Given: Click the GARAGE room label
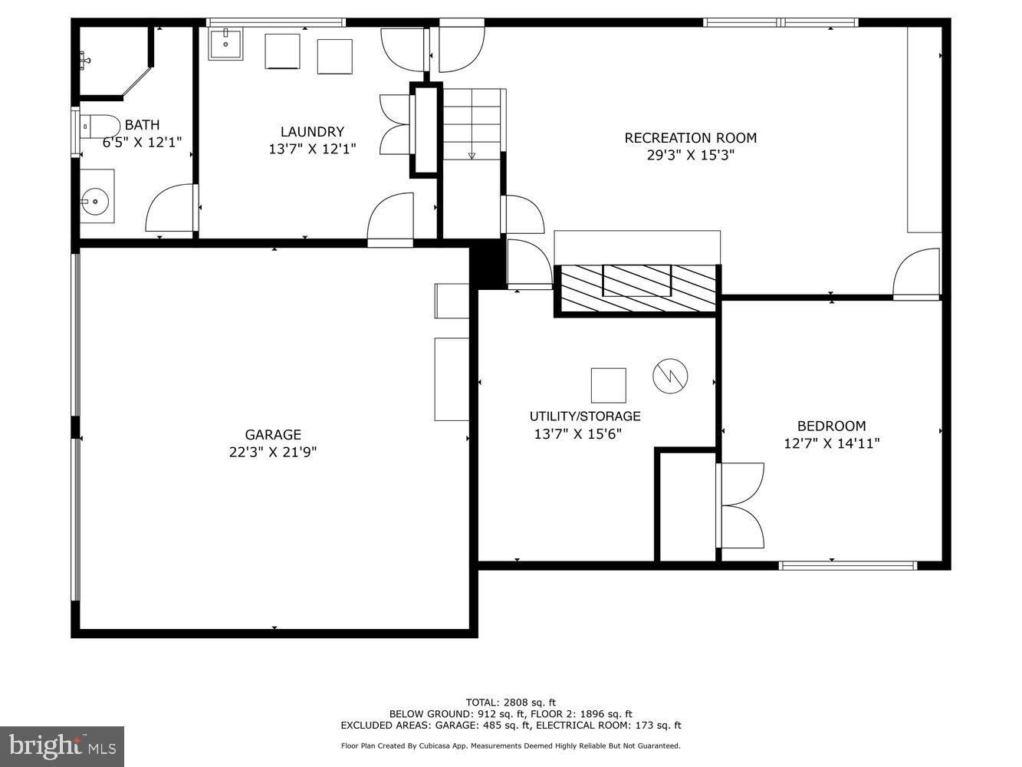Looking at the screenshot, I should pos(273,435).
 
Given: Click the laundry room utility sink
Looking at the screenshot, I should pos(225,44).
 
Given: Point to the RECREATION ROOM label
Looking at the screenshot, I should pos(690,138).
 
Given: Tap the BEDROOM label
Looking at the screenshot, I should pos(831,426).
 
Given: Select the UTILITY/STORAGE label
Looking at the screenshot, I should pos(585,416).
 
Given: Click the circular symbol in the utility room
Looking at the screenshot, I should pos(670,376).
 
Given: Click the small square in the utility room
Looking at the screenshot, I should pos(608,385).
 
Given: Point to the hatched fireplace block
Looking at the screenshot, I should pos(636,289).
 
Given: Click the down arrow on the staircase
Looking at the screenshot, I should pos(472,155).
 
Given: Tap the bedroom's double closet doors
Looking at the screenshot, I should pos(741,505).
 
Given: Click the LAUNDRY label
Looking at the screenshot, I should pos(312,132).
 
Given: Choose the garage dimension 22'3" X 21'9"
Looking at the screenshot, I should pos(273,453).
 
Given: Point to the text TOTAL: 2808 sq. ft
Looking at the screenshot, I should pos(511,702).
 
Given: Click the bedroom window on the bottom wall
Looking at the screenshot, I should pos(847,566).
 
